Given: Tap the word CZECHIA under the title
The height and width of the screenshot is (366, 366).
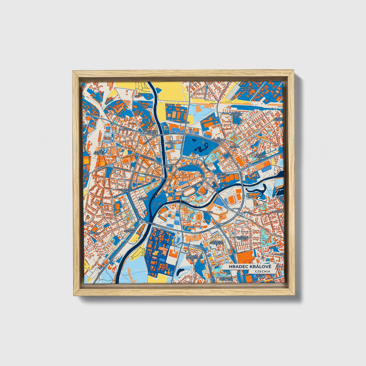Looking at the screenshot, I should [262, 271].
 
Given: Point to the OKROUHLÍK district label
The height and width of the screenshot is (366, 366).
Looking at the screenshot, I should [126, 129].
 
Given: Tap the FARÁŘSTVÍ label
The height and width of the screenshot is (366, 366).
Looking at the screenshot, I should [95, 233].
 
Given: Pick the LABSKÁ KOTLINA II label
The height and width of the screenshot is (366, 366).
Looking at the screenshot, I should [130, 231].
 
